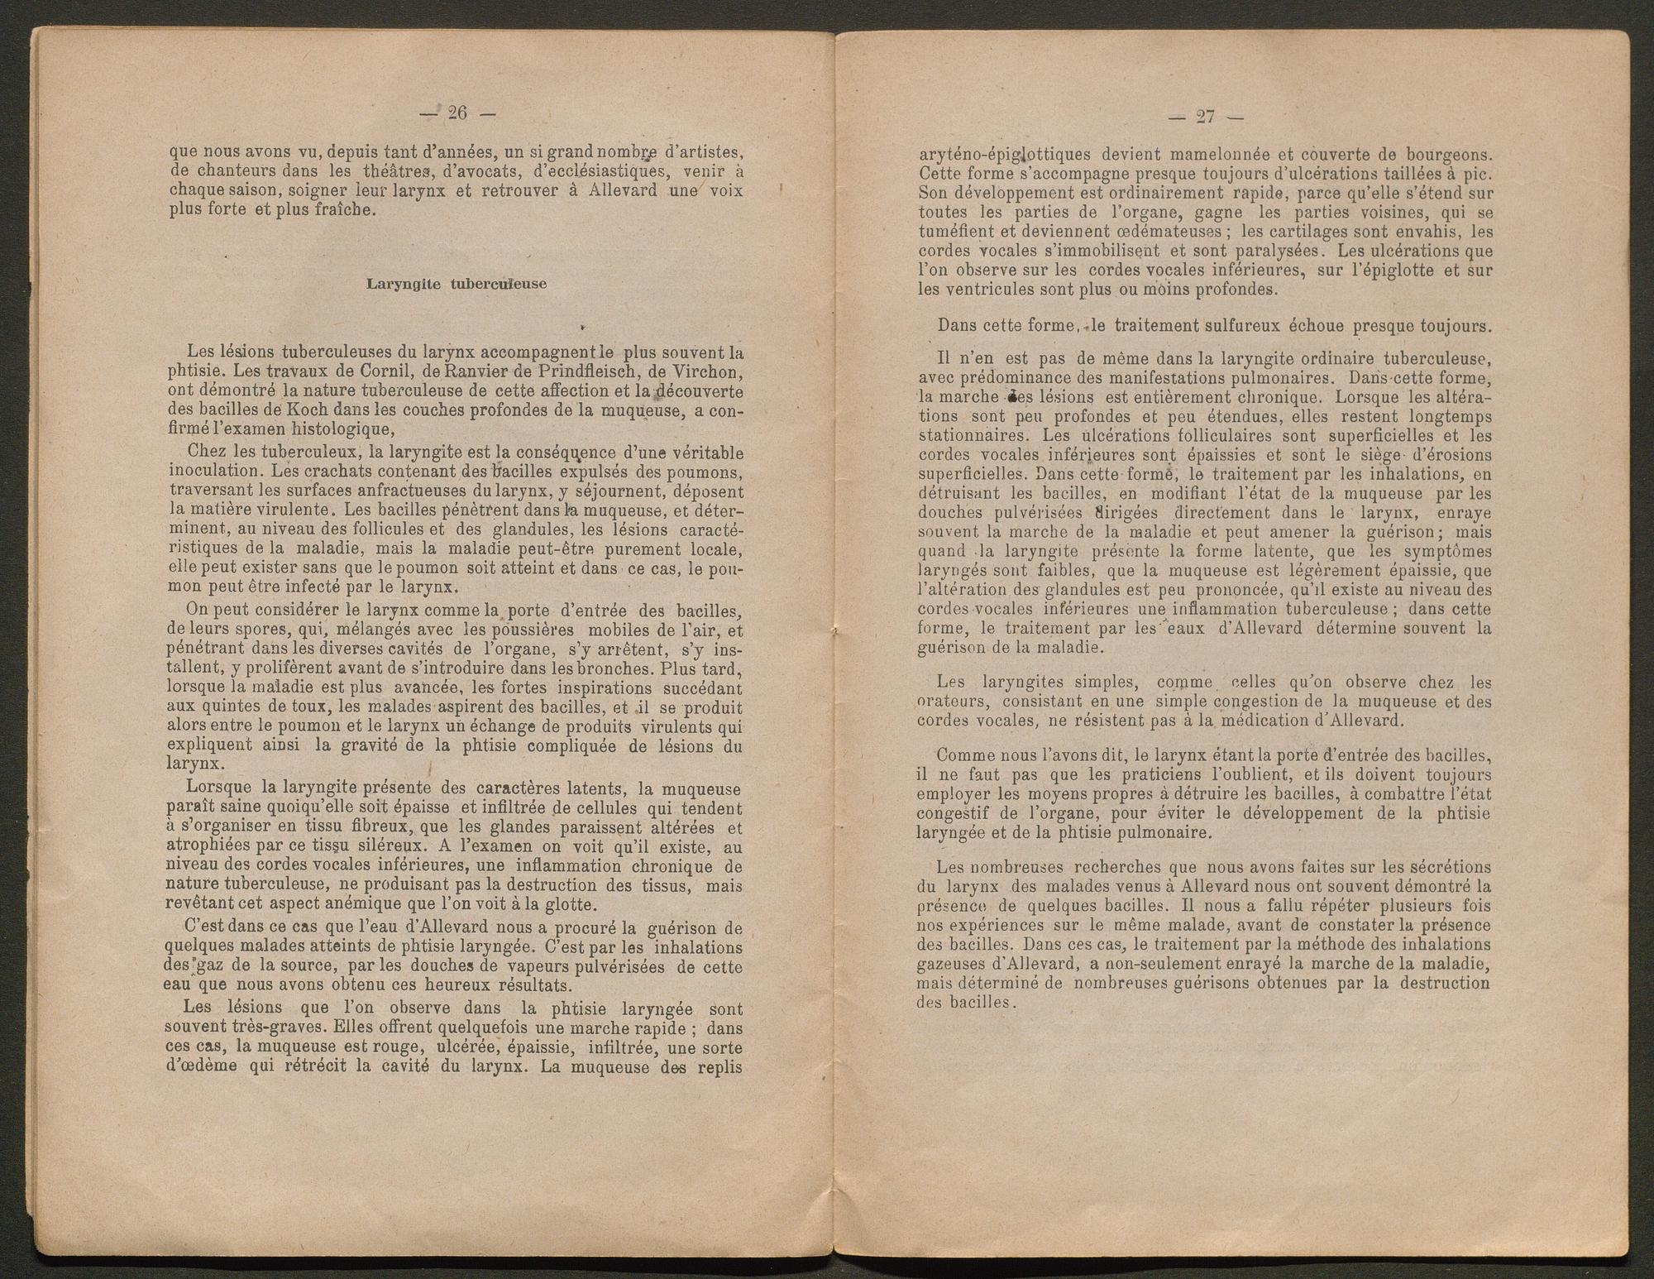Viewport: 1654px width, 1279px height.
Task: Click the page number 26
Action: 457,114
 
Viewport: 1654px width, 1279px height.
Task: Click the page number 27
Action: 1205,117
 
